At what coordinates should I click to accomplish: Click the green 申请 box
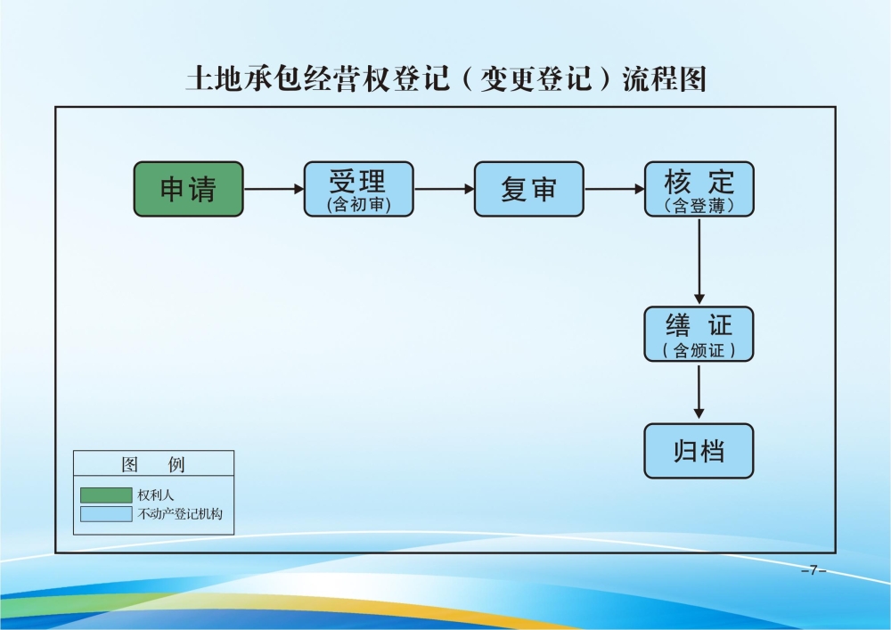188,189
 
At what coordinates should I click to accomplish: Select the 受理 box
358,189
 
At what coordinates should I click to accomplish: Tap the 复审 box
528,189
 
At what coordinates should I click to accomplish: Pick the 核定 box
699,189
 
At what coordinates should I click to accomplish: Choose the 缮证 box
699,333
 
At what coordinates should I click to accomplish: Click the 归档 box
699,451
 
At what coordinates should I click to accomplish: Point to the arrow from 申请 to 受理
274,189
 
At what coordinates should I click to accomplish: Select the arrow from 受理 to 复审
444,189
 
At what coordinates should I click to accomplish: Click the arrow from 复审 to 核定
614,189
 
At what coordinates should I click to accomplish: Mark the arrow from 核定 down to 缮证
699,261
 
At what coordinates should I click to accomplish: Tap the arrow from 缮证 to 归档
699,392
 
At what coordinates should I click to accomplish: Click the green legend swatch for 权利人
105,495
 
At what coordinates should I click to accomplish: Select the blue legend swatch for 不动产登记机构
105,514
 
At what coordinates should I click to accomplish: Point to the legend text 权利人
156,495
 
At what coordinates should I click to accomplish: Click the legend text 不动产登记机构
179,514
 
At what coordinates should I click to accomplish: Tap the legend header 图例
153,465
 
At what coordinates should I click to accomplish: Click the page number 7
813,570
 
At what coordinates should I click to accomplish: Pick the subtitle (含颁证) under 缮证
699,350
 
